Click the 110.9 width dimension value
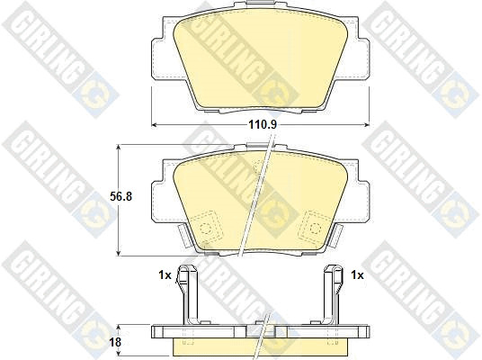[x=263, y=124]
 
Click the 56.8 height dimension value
[x=120, y=196]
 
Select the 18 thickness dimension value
[x=115, y=342]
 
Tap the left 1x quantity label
[x=165, y=274]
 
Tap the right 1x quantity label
[x=357, y=274]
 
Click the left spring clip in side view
[x=188, y=295]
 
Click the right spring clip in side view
[x=334, y=295]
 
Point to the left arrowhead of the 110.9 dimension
[x=154, y=124]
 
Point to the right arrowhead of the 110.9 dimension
[x=367, y=124]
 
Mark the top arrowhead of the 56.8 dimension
[x=119, y=147]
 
